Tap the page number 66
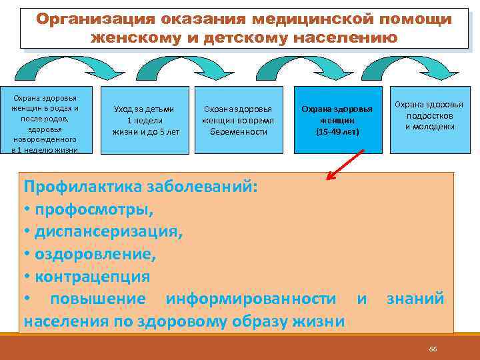click(x=433, y=349)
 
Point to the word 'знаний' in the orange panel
click(x=415, y=299)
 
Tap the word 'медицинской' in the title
click(x=317, y=19)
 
